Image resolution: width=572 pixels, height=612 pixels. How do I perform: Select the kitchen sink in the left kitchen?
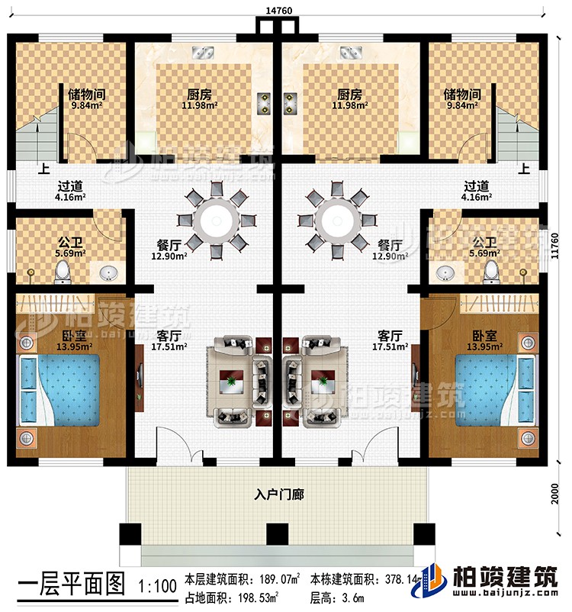[x=204, y=53]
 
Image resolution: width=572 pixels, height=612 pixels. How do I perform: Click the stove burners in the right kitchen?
[x=292, y=103]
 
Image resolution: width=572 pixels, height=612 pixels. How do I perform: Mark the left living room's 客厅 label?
[x=169, y=335]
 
